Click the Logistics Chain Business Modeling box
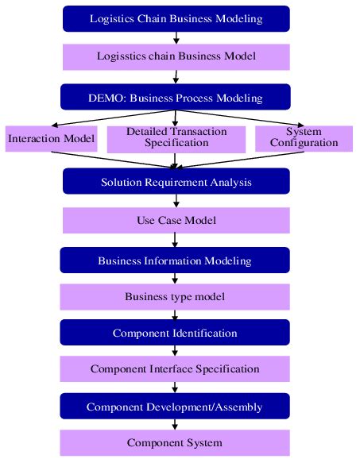(176, 18)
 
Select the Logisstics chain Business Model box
(176, 56)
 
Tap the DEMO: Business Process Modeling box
(176, 98)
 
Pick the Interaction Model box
(51, 139)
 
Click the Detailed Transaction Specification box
(176, 137)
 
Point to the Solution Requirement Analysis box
(176, 182)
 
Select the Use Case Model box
(176, 219)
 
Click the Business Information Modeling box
(176, 260)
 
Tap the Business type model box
(176, 297)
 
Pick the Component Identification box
(176, 332)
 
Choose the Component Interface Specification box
(176, 368)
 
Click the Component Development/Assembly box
(176, 407)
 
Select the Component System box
(176, 442)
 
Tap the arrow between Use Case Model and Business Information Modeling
(176, 239)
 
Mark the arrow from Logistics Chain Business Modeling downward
(176, 37)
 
